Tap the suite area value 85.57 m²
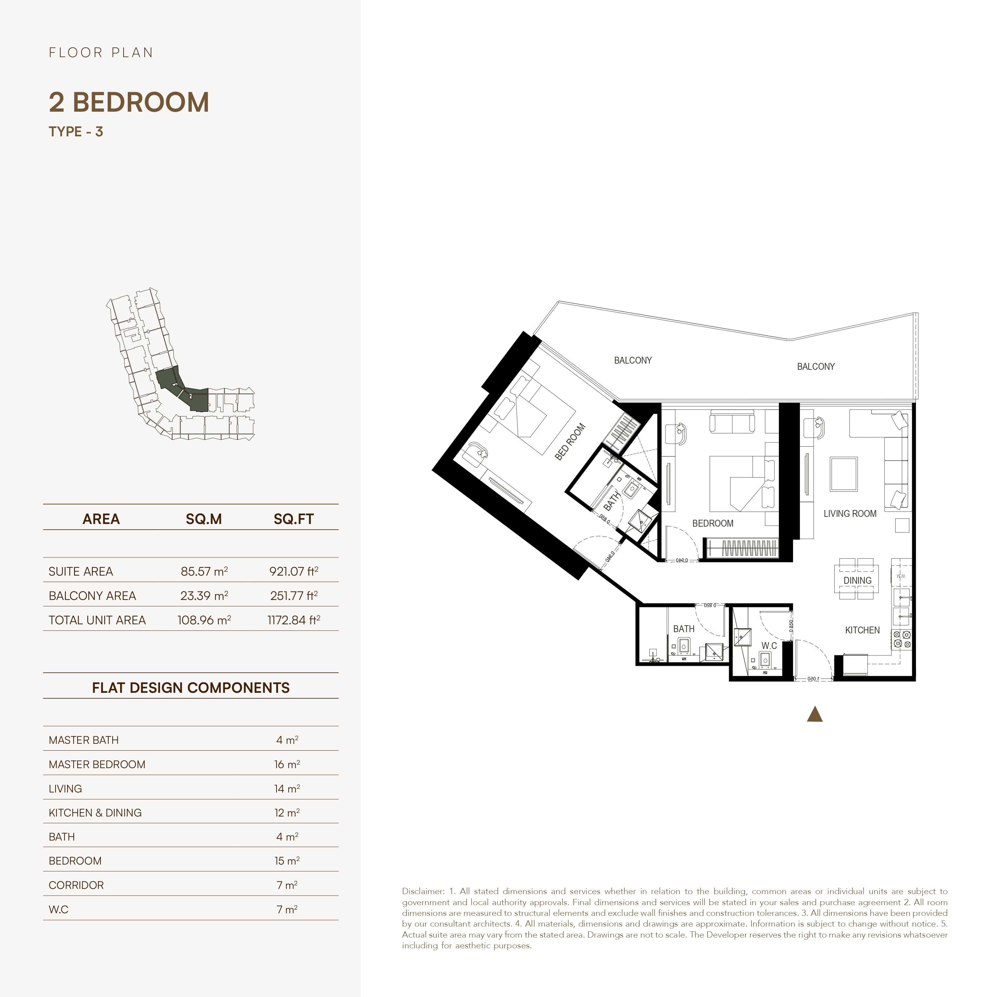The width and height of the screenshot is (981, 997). (x=204, y=571)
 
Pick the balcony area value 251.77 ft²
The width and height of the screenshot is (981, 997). (x=294, y=596)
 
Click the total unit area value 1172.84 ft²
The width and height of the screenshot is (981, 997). (x=294, y=620)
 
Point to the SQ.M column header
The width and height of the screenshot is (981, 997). (x=204, y=519)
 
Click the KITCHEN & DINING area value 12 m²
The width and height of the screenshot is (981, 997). (x=287, y=813)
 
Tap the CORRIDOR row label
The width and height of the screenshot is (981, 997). (x=76, y=885)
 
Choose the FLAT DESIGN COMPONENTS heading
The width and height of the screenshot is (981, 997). (x=190, y=688)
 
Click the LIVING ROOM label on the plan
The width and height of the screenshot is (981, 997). (x=850, y=514)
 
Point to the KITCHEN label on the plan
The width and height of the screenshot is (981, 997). (x=862, y=630)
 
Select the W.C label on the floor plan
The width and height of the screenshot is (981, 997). (x=769, y=645)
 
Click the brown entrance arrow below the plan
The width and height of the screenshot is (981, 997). (x=815, y=715)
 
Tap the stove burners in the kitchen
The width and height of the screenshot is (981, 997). (x=901, y=639)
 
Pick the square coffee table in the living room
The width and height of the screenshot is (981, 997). (x=843, y=474)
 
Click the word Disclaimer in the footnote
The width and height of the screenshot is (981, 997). (x=423, y=891)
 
